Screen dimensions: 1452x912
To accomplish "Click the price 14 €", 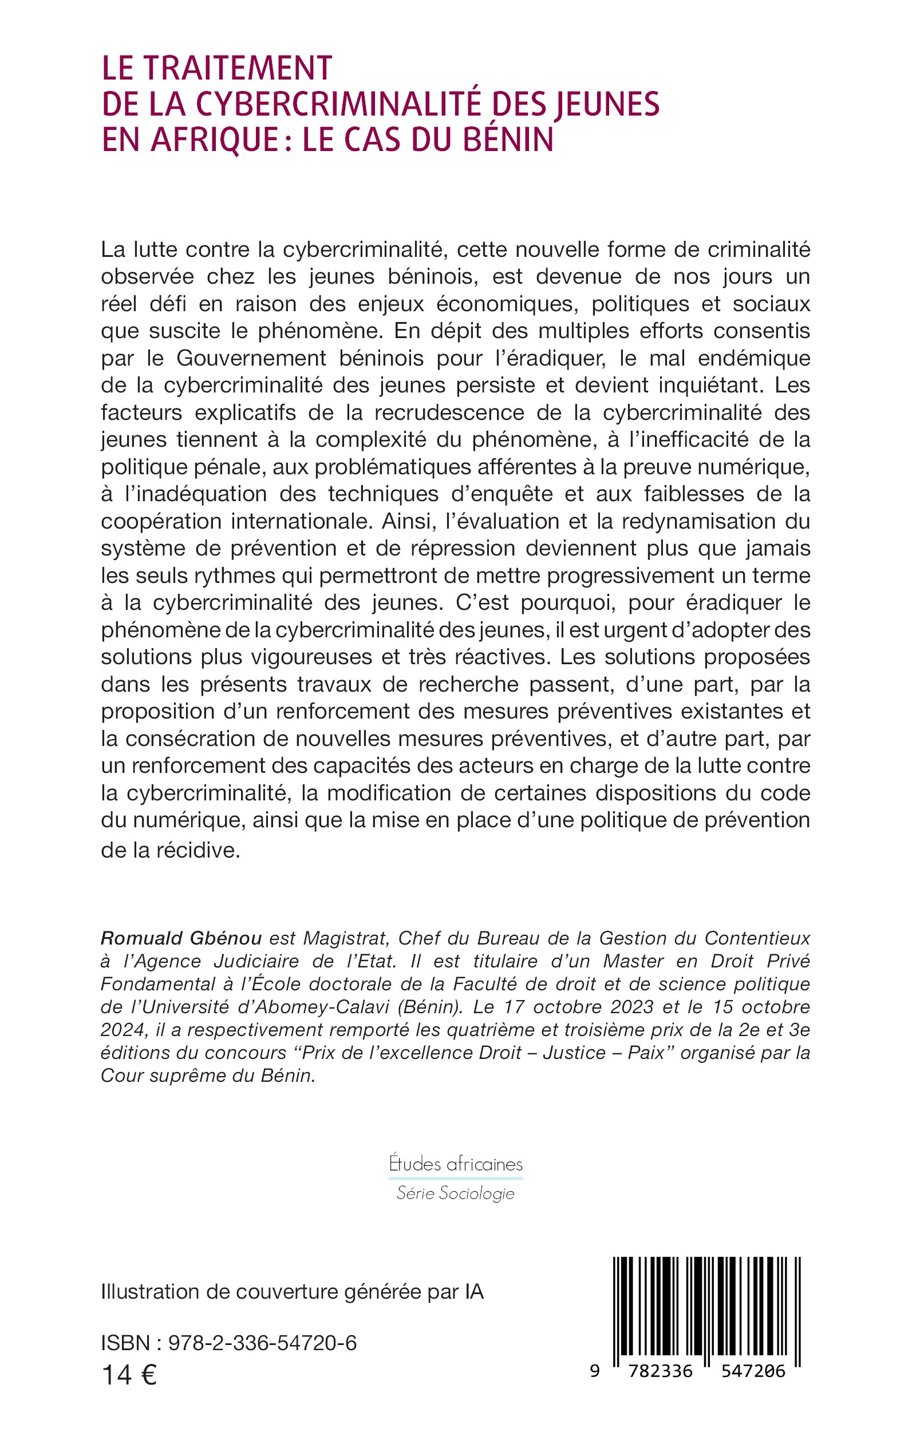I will [x=129, y=1376].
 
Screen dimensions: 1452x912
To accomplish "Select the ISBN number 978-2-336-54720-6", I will [x=262, y=1343].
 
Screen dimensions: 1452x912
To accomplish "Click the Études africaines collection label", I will [x=456, y=1164].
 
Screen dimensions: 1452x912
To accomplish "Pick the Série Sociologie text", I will [x=455, y=1193].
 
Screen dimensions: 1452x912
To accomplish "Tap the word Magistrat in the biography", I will [x=345, y=938].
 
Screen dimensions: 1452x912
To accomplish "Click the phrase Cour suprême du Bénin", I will [x=208, y=1076].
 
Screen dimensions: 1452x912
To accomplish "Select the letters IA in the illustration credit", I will [x=474, y=1292].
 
